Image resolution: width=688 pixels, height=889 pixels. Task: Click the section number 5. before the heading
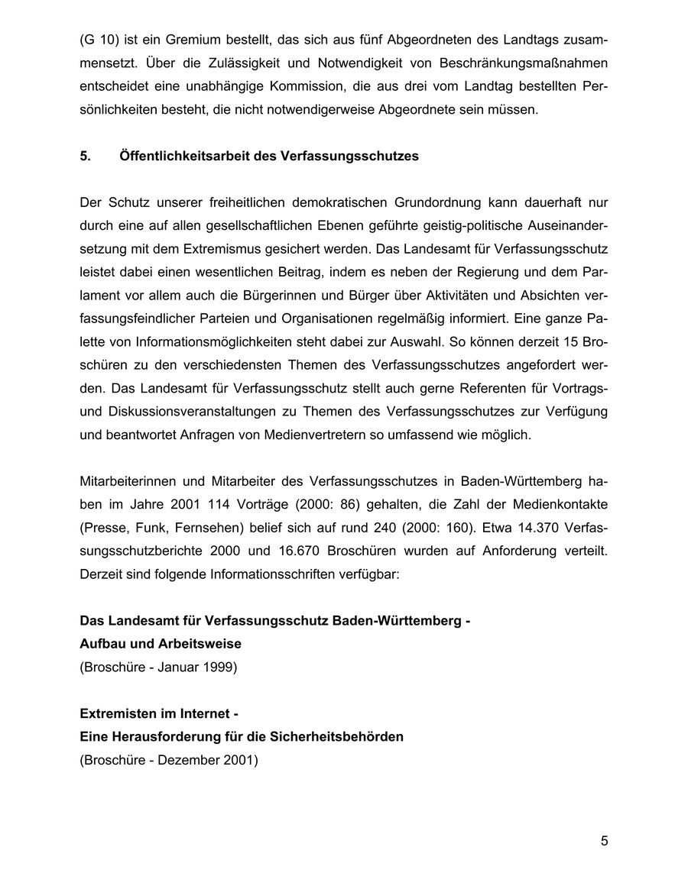(85, 156)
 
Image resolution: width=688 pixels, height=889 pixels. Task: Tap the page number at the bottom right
(604, 841)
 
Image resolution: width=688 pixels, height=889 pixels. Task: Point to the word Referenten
(443, 388)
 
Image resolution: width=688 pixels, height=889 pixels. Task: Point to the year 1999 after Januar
(220, 667)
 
